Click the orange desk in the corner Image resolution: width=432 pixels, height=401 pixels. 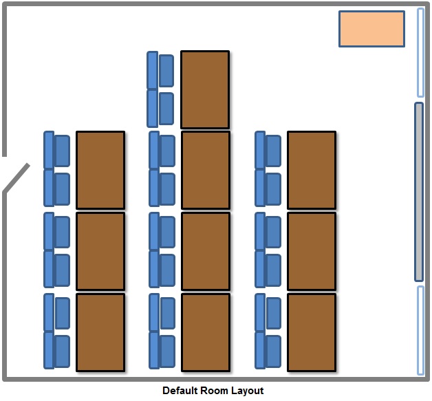tap(371, 29)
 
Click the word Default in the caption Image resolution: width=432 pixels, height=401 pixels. tap(180, 391)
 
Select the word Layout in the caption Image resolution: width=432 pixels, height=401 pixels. tap(248, 391)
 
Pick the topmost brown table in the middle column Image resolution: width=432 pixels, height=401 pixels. tap(205, 89)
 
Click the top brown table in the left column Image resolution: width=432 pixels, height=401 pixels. tap(100, 170)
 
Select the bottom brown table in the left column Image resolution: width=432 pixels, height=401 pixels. tap(100, 332)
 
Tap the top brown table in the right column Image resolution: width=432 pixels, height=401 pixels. tap(312, 170)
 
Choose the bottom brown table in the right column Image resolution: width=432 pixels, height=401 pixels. tap(312, 332)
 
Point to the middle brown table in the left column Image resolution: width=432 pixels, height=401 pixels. tap(100, 251)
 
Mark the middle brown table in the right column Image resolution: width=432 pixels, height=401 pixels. tap(312, 251)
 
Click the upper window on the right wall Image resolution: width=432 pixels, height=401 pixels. tap(421, 52)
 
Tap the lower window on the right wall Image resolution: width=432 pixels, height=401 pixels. tap(421, 330)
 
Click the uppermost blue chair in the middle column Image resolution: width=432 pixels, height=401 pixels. tap(166, 69)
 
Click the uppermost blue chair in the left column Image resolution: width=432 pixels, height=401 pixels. tap(61, 151)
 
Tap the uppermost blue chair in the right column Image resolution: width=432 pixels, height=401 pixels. tap(272, 151)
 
